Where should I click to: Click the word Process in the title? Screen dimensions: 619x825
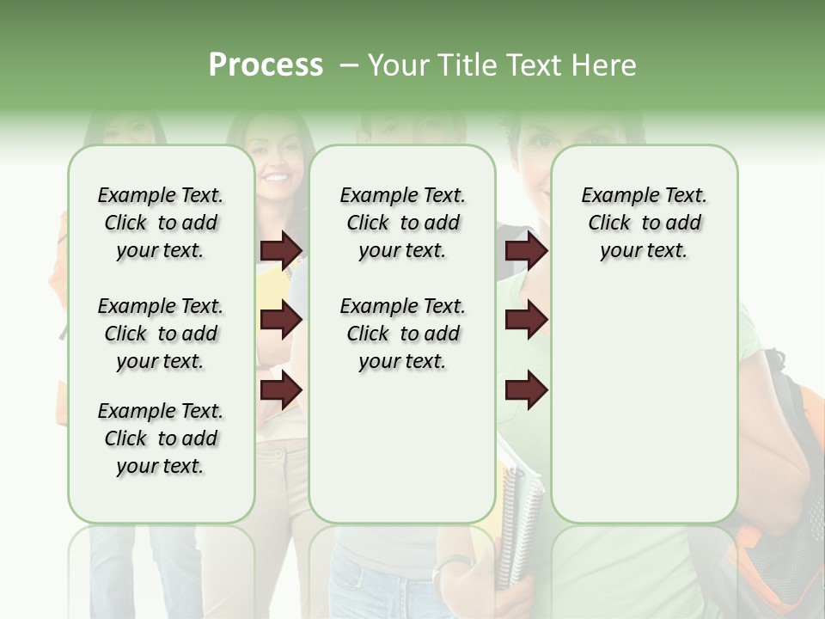(265, 65)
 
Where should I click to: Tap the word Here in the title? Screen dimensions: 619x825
(602, 65)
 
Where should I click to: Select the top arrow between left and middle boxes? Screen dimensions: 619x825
(281, 250)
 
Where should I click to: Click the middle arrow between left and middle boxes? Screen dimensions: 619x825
(281, 321)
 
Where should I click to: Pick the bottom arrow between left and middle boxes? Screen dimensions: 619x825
(281, 390)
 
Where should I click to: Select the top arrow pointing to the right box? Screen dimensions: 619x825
(526, 250)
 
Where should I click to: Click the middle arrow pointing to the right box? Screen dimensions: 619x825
(526, 321)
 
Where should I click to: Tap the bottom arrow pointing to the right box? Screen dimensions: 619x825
(526, 390)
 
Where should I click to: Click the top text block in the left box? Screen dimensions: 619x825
(161, 223)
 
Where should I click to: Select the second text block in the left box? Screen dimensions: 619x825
(161, 334)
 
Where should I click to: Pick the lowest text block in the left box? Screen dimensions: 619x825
(161, 438)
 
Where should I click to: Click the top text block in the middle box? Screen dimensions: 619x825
(402, 223)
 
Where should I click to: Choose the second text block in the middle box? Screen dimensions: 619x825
(402, 334)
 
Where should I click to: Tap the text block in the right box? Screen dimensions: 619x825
(644, 223)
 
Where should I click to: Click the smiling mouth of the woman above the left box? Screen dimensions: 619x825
(276, 179)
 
